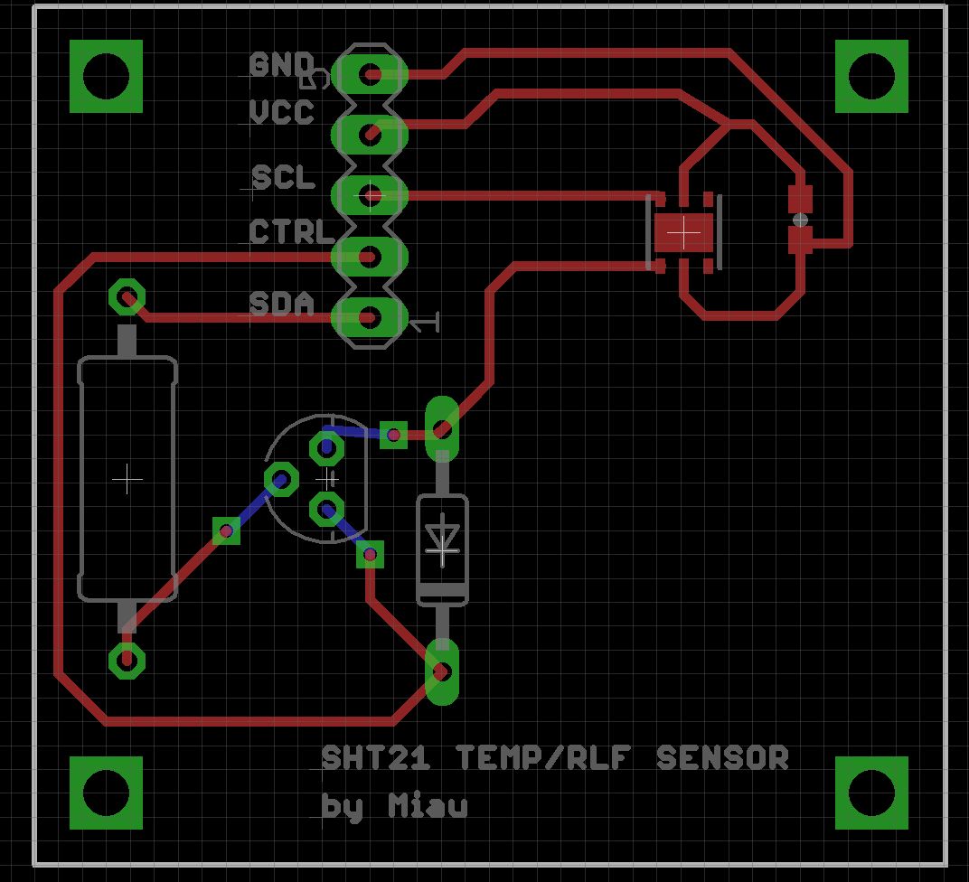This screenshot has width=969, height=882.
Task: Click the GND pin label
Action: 281,65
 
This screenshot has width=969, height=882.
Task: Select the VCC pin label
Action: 282,113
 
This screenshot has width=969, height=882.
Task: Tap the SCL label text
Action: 284,177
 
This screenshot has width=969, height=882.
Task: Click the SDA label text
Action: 282,305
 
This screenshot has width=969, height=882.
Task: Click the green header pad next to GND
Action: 370,74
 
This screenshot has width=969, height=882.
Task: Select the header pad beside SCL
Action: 370,195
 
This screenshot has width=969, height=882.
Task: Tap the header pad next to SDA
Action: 369,317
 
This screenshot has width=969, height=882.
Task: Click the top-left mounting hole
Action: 107,77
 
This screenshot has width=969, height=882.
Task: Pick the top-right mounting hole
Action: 871,77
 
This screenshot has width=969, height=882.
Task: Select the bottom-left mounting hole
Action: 107,793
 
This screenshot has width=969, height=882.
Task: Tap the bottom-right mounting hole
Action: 871,793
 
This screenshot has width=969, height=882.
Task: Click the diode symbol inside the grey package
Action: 442,539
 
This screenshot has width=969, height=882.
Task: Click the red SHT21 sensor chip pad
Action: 683,233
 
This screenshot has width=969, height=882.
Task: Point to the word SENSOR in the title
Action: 721,757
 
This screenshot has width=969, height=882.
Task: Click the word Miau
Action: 428,805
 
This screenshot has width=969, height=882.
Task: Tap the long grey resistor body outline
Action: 127,479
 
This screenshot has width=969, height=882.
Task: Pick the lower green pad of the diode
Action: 442,671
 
